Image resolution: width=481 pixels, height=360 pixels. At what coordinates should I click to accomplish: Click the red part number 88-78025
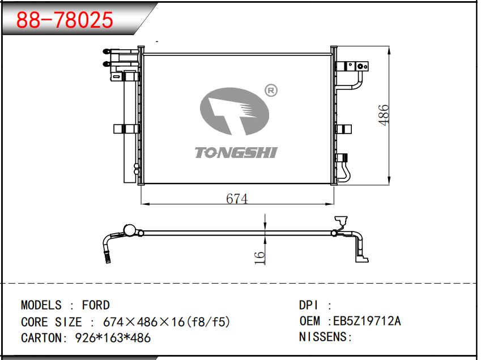coord(65,20)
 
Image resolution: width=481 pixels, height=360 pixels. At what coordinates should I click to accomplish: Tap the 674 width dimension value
coord(237,199)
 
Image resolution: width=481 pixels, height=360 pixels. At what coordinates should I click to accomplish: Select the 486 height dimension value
coord(384,115)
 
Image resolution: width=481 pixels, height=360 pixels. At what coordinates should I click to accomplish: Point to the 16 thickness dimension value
coord(259,258)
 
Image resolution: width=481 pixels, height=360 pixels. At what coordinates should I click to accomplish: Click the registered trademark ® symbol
coord(271,91)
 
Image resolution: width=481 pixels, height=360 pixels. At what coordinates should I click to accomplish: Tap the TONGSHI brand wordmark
coord(236,153)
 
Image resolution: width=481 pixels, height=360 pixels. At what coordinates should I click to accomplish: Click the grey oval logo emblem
coord(235,112)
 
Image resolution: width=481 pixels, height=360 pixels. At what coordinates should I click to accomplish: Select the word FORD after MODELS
coord(96,305)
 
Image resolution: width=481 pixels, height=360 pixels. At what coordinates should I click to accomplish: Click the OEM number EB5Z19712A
coord(367,321)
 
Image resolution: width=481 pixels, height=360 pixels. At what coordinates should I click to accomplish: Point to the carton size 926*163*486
coord(113,338)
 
